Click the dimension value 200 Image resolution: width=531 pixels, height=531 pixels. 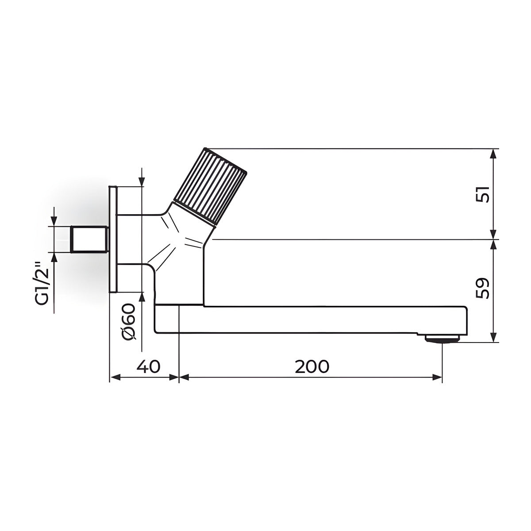312,366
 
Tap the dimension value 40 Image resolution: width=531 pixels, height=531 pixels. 148,366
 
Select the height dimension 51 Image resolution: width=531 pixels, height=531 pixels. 482,194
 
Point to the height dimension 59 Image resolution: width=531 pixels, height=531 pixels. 482,288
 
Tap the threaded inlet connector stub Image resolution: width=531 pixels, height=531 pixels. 89,239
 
